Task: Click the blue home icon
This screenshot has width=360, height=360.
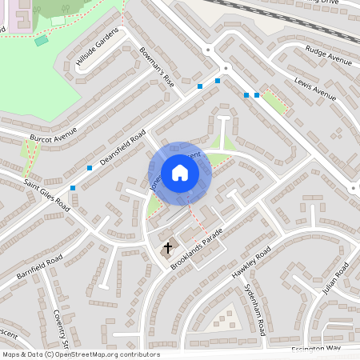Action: [x=179, y=172]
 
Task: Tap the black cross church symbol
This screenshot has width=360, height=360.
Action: [x=168, y=248]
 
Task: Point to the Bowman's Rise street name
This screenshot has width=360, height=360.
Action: [x=156, y=66]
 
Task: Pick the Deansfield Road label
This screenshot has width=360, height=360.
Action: [x=122, y=147]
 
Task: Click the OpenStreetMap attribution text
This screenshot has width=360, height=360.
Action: [x=80, y=354]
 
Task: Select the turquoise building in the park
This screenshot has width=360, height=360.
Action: [x=42, y=40]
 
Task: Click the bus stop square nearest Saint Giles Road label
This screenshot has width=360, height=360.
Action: [x=73, y=187]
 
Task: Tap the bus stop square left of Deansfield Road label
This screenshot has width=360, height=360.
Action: [x=90, y=168]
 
